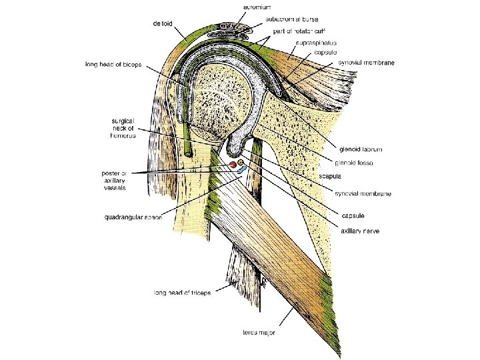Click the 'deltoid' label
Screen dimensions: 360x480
point(163,23)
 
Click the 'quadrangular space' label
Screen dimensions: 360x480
point(134,217)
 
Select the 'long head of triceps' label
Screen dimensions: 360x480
point(182,292)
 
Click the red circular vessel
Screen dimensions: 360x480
point(233,164)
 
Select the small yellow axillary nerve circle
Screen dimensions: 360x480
point(241,162)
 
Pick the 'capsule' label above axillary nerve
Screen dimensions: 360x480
point(353,215)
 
